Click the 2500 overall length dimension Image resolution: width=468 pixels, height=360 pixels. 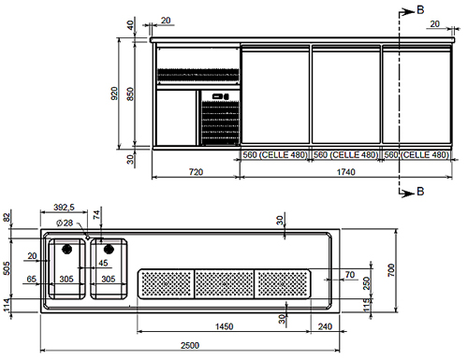(x=190, y=345)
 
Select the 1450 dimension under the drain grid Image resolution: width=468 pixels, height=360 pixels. (x=224, y=326)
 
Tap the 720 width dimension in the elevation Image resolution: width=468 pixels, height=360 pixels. (x=196, y=172)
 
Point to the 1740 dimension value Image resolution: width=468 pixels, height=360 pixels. (x=346, y=172)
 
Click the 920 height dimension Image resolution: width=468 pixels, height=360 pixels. (x=114, y=94)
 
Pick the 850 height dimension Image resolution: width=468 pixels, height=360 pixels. (x=130, y=94)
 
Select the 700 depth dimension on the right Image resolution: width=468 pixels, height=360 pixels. (x=391, y=270)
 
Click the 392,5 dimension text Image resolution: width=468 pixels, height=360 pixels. (x=64, y=208)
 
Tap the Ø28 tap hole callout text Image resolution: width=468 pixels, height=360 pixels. (x=65, y=223)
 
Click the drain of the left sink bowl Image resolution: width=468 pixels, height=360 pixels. (x=66, y=249)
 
